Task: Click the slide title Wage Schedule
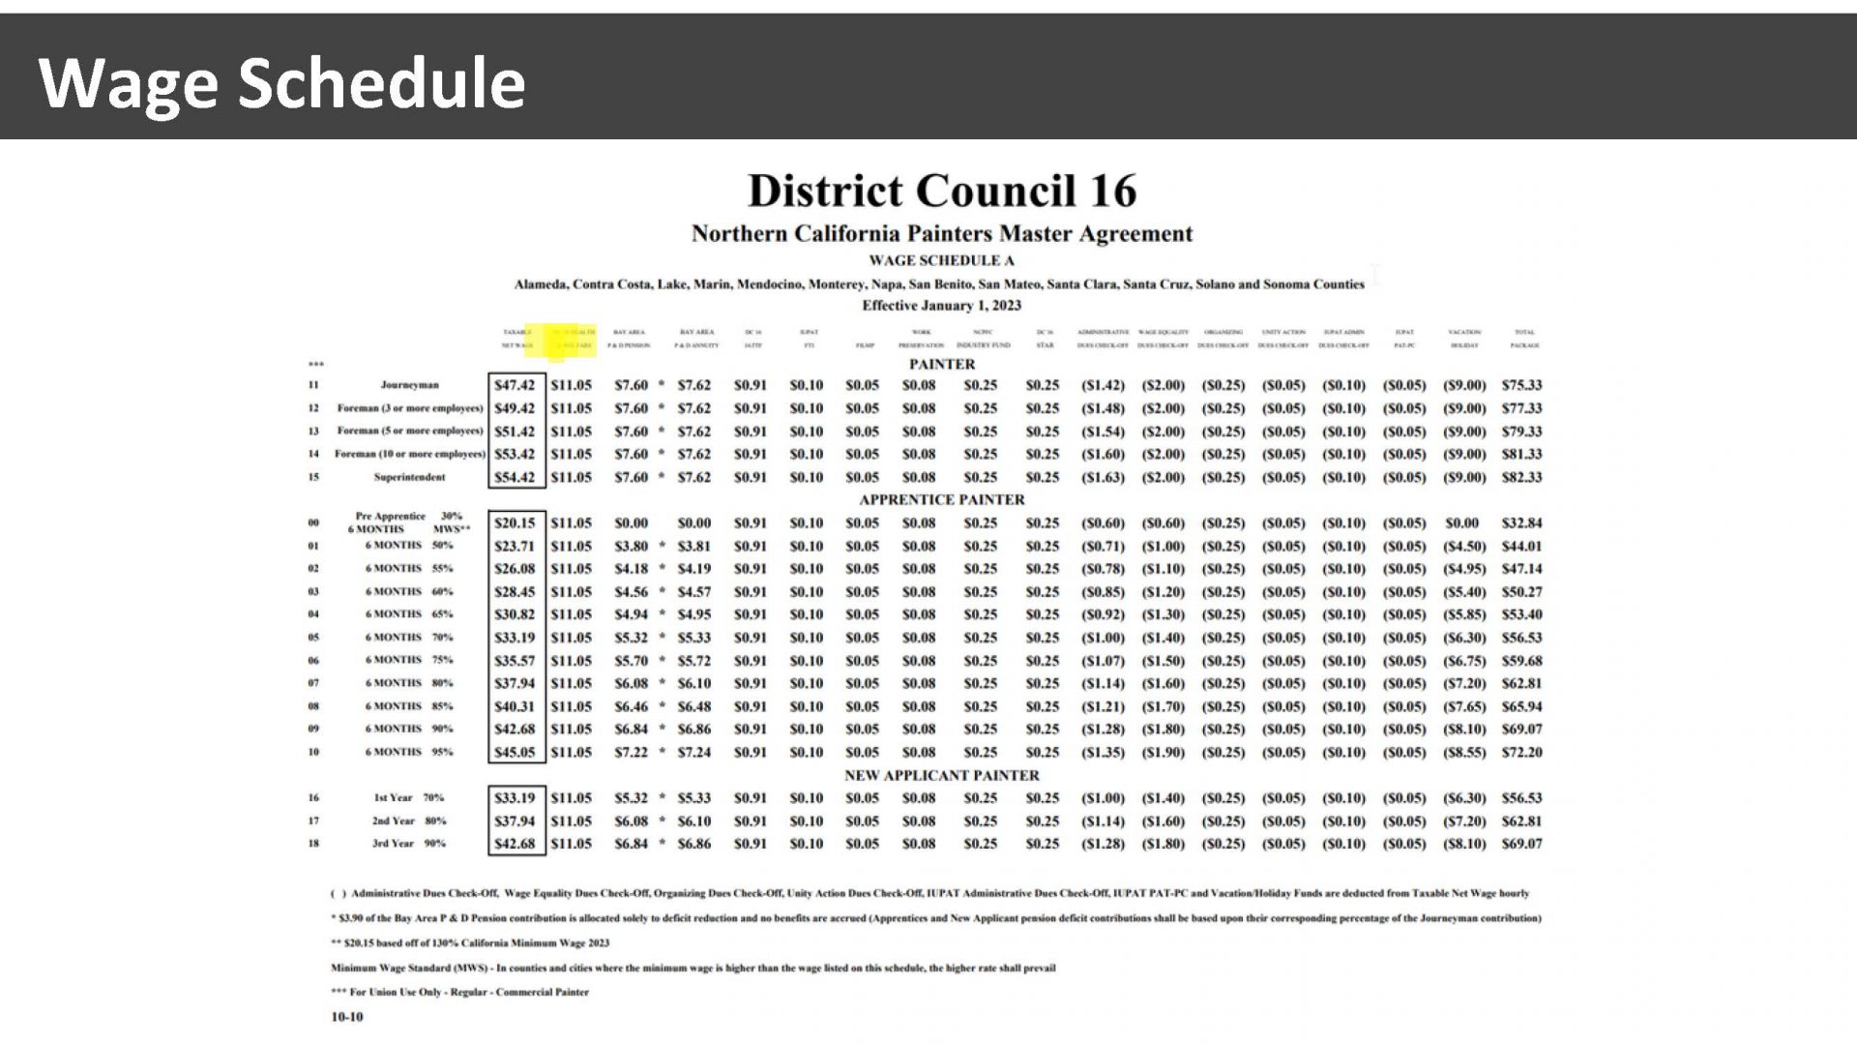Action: (281, 83)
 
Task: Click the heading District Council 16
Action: (941, 191)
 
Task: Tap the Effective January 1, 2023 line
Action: (941, 306)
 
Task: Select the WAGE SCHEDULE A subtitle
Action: (941, 260)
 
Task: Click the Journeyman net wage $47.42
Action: (514, 385)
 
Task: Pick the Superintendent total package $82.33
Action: (1521, 477)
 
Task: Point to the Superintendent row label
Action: (409, 477)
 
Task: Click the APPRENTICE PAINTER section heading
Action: (941, 500)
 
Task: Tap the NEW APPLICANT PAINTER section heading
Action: (941, 775)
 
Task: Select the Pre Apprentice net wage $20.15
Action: (514, 523)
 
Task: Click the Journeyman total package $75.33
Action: (1521, 385)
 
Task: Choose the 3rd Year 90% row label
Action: (408, 844)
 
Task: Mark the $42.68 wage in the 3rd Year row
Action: (514, 844)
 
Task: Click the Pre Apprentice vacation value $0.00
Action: (1461, 523)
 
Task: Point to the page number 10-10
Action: (347, 1017)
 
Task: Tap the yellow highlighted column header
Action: (561, 339)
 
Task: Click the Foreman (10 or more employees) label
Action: (409, 454)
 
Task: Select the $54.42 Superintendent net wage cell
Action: (514, 477)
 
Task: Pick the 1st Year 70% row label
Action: (408, 798)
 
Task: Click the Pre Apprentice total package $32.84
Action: (1521, 523)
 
